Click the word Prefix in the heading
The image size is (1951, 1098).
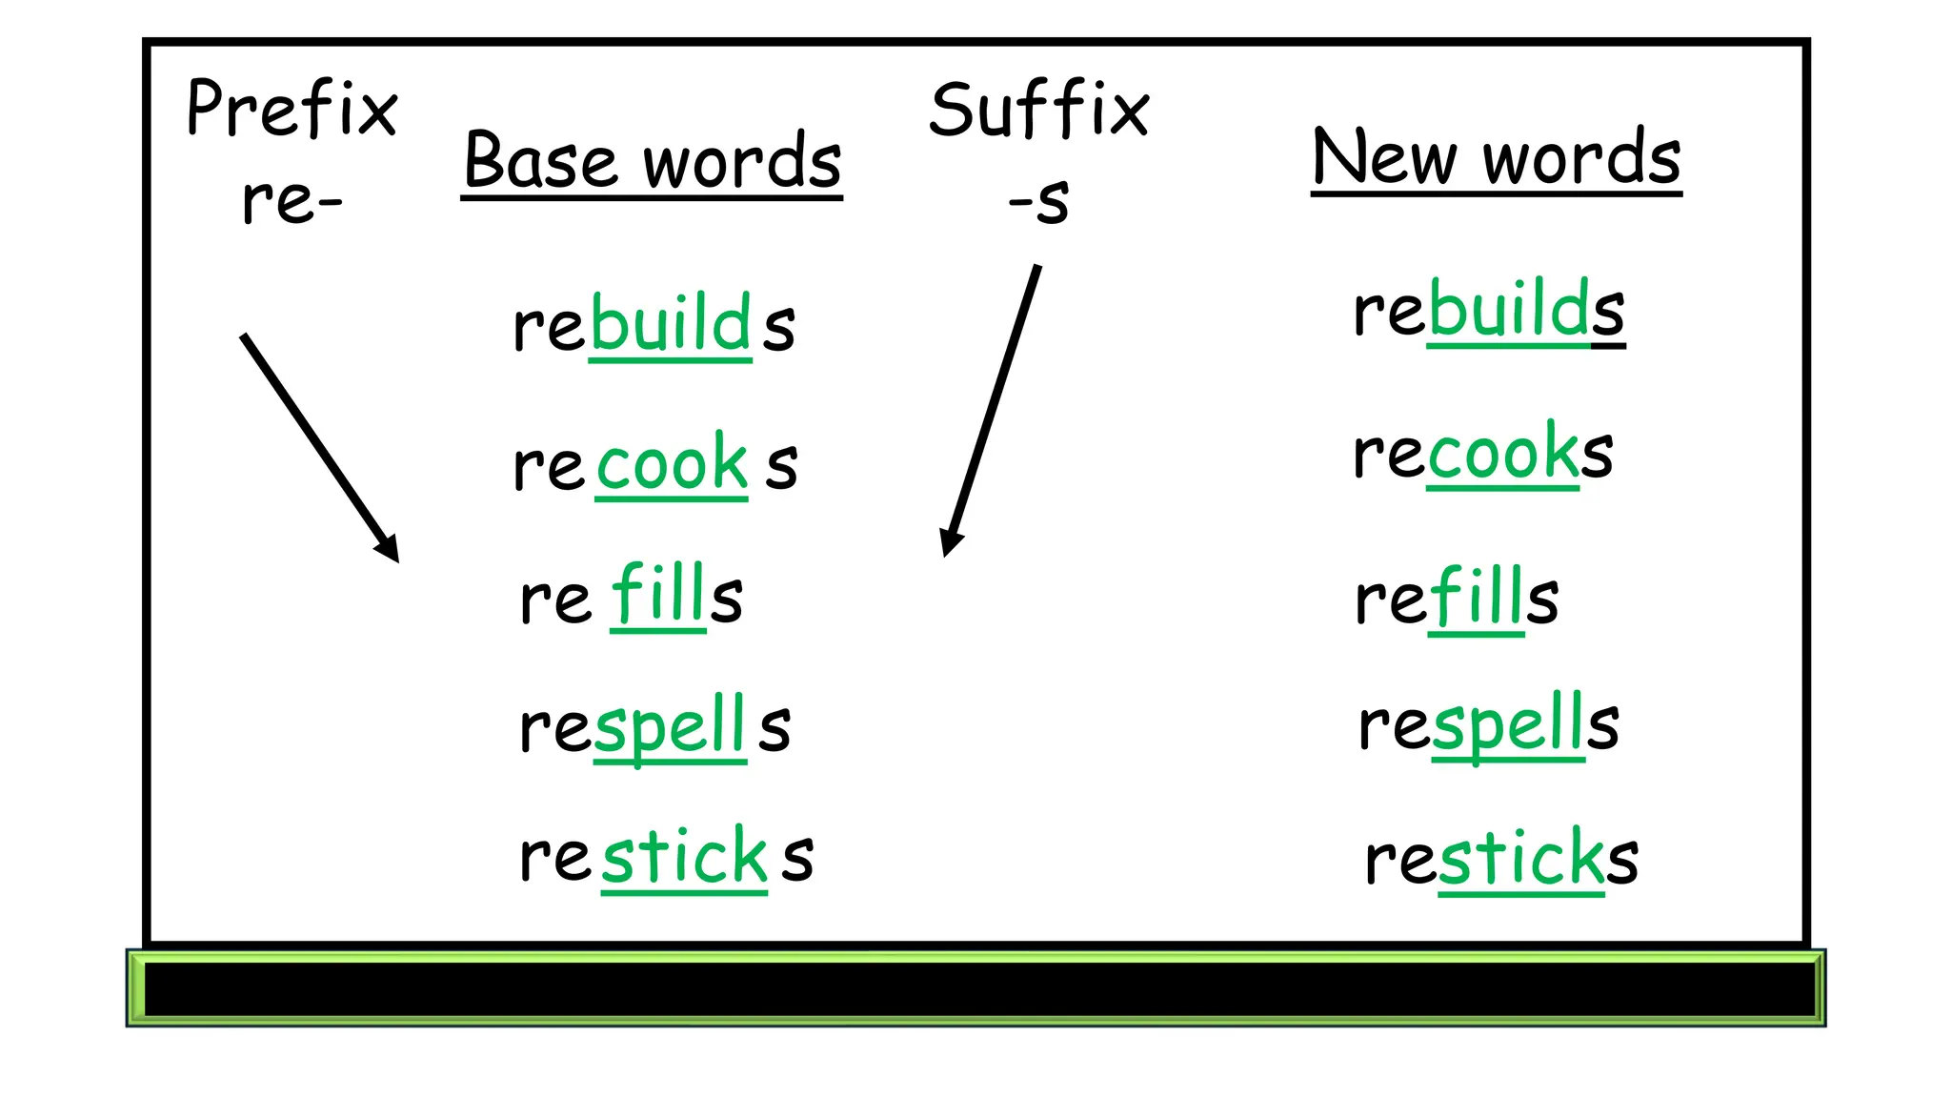(x=292, y=110)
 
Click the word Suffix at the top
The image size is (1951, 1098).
(x=1039, y=110)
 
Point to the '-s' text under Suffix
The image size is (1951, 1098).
(x=1039, y=202)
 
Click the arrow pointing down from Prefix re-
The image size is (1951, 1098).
(x=319, y=447)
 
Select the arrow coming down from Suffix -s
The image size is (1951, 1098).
(x=992, y=409)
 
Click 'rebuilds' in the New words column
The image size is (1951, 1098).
(x=1488, y=311)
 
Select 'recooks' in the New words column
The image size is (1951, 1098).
(x=1483, y=453)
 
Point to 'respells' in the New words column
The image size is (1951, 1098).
(x=1488, y=725)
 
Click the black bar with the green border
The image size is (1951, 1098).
(x=975, y=988)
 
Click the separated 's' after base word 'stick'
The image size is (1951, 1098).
(x=798, y=857)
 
